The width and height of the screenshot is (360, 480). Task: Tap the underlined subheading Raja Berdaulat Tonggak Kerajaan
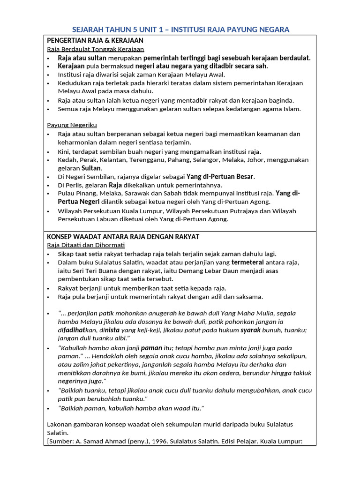[96, 49]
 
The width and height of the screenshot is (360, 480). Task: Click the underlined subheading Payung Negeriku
[72, 125]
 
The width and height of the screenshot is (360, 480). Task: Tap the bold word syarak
[250, 330]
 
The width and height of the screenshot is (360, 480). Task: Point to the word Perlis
[75, 185]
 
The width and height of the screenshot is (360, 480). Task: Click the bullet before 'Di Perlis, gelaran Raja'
[49, 185]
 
